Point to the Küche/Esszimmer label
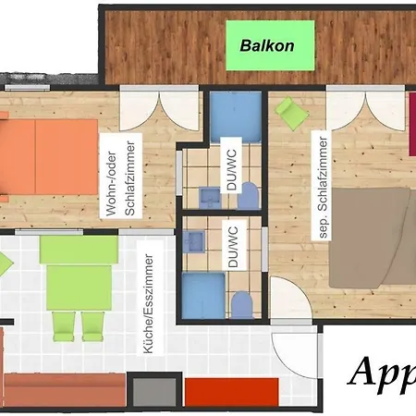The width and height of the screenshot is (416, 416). pyautogui.click(x=152, y=297)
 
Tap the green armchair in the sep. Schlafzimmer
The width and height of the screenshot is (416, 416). pyautogui.click(x=290, y=112)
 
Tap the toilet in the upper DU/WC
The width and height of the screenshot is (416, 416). pyautogui.click(x=248, y=194)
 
